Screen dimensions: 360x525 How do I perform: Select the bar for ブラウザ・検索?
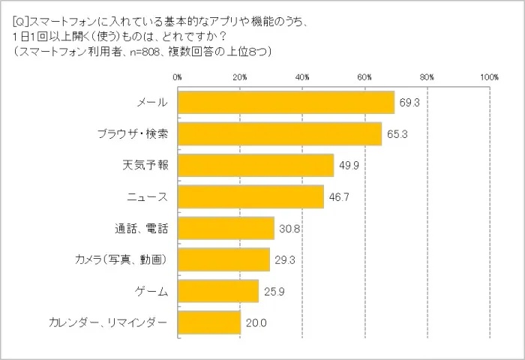(x=279, y=133)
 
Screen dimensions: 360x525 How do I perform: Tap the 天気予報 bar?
(x=255, y=165)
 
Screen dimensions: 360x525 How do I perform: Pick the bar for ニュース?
(x=250, y=197)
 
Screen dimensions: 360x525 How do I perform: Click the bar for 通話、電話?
(x=225, y=228)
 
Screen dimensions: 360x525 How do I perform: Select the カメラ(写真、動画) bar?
(x=223, y=259)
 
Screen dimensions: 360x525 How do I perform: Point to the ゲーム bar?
(x=217, y=291)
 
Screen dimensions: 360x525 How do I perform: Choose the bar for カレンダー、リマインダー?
(x=208, y=322)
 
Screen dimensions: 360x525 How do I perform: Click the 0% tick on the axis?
(x=177, y=77)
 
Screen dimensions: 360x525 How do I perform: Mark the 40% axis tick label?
(x=302, y=77)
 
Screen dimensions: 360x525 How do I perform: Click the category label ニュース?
(x=147, y=197)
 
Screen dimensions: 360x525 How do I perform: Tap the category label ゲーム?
(x=151, y=291)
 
